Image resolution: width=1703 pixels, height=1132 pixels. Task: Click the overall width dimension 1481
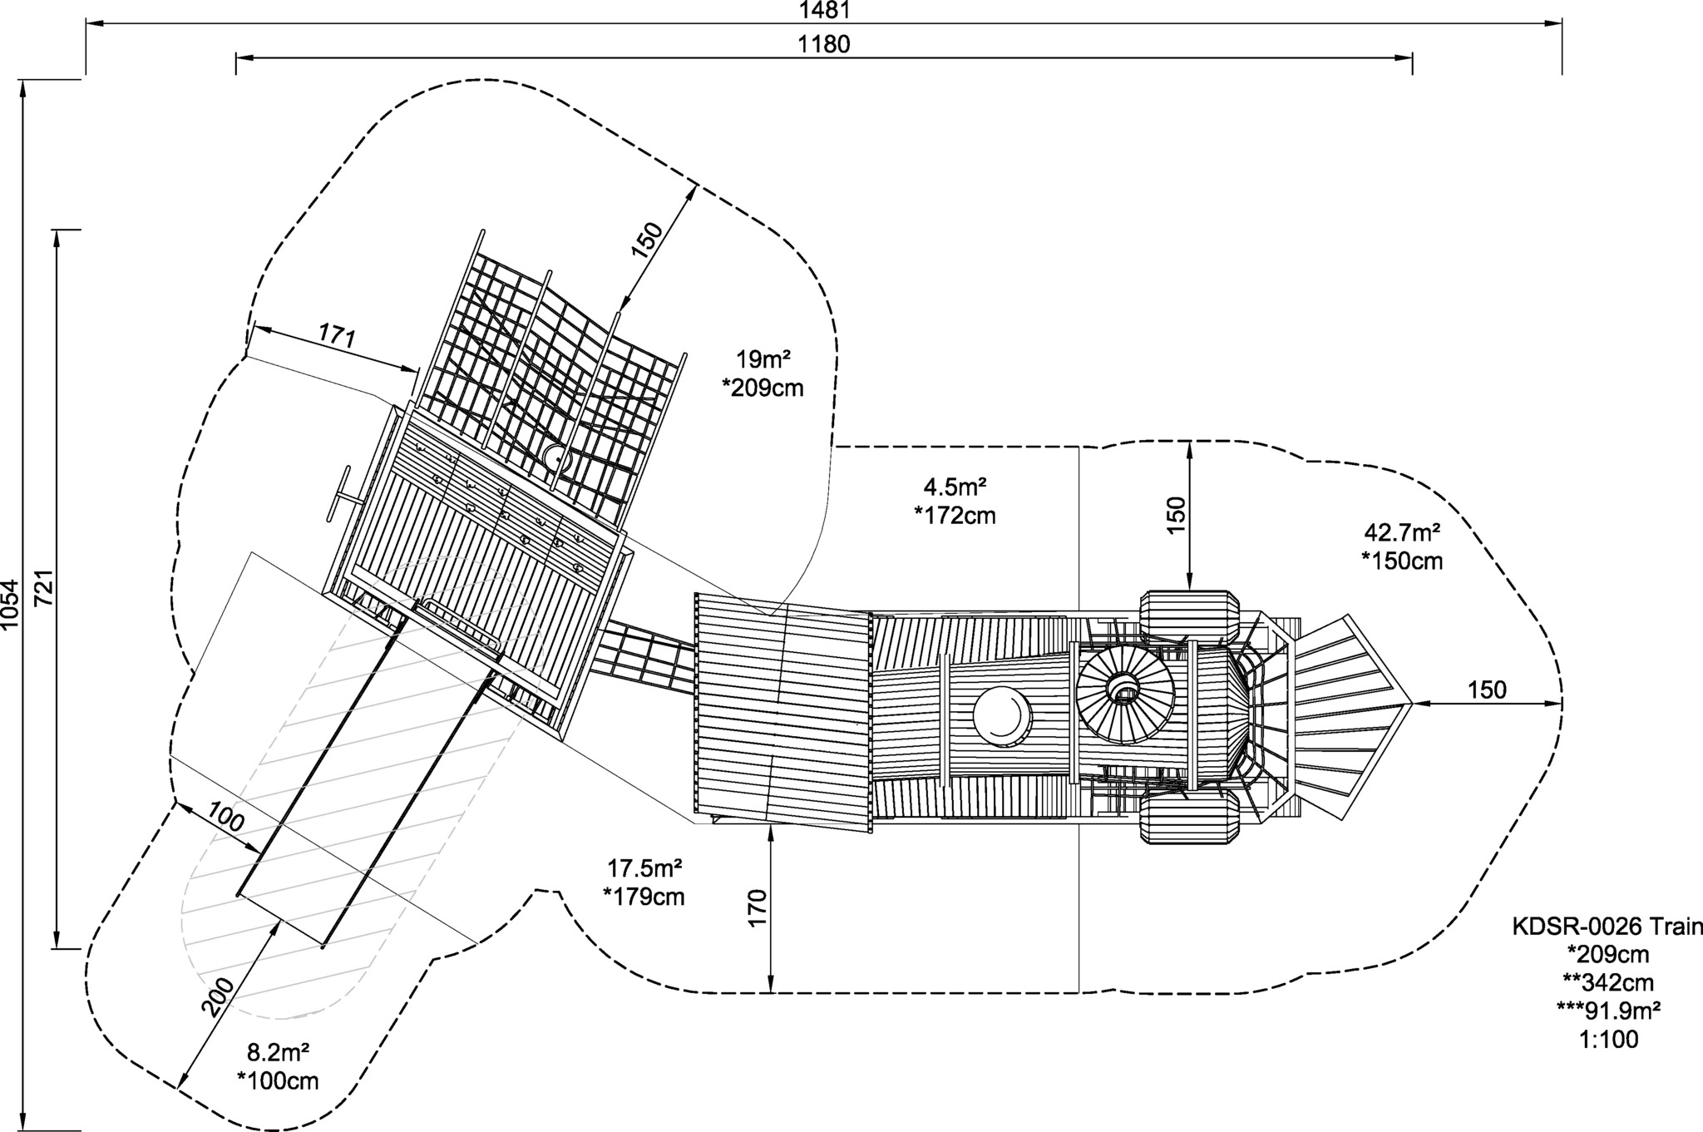[824, 10]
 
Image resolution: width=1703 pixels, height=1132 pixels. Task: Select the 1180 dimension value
[824, 44]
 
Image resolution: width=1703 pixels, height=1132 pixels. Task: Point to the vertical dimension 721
[44, 589]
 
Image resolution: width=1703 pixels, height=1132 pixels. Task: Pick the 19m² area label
[762, 360]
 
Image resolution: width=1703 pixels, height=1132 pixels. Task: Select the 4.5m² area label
[955, 486]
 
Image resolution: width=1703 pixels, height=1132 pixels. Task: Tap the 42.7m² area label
[1402, 531]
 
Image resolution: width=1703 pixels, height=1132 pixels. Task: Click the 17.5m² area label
[644, 868]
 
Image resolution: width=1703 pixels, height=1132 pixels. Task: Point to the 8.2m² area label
[279, 1052]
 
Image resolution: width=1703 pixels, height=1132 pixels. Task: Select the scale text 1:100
[1608, 1039]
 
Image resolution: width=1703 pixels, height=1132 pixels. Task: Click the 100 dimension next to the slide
[226, 817]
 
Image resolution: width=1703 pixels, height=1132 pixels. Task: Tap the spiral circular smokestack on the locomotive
[1125, 693]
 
